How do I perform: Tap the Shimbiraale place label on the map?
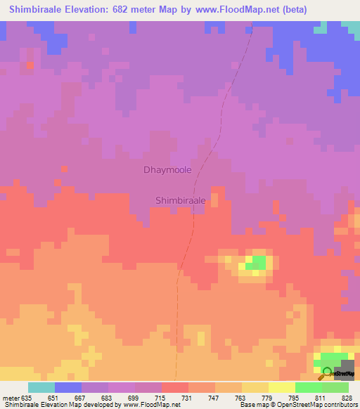180,200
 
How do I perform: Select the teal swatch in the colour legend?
41,387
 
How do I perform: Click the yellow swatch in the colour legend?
282,387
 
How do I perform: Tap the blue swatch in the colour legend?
68,387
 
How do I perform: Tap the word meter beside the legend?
13,398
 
